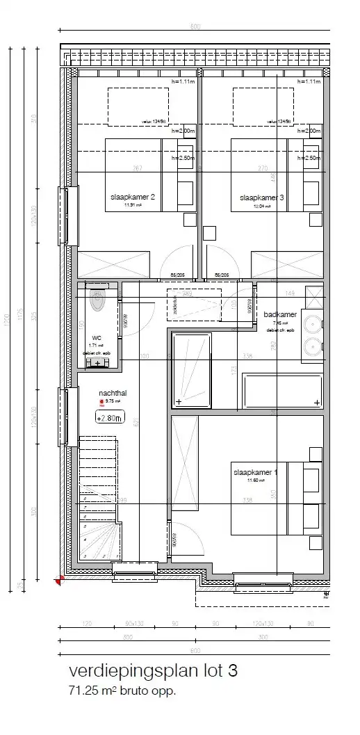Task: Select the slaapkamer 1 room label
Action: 255,472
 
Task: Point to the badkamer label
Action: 280,315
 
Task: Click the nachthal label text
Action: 113,393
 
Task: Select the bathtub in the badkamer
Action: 281,391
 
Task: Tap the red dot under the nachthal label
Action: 101,402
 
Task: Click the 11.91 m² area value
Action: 133,206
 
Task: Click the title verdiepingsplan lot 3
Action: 154,671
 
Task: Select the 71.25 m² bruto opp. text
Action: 122,691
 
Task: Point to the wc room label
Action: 97,337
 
